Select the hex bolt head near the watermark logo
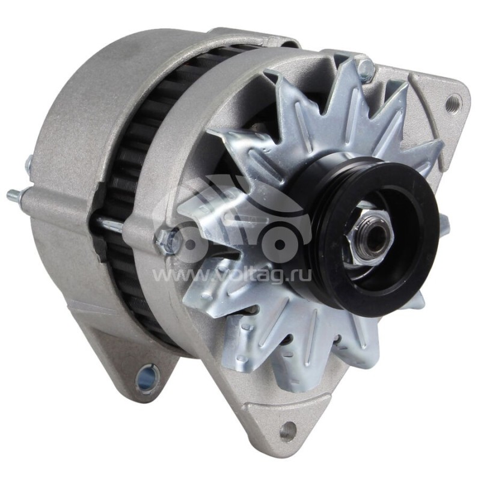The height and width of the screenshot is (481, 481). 170,240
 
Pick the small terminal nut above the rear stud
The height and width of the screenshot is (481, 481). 29,162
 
